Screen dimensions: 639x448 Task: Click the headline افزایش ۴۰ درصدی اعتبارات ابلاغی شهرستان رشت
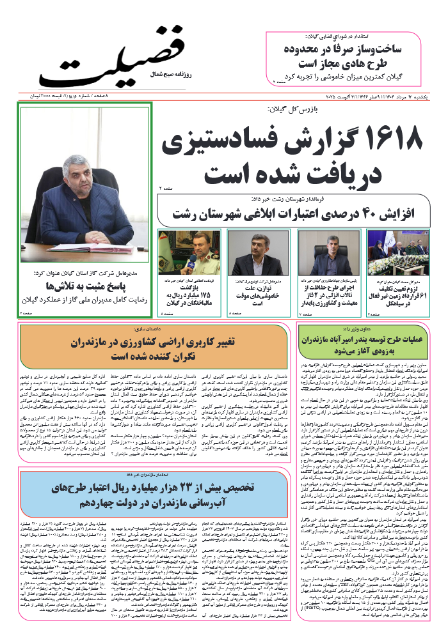pyautogui.click(x=294, y=212)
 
